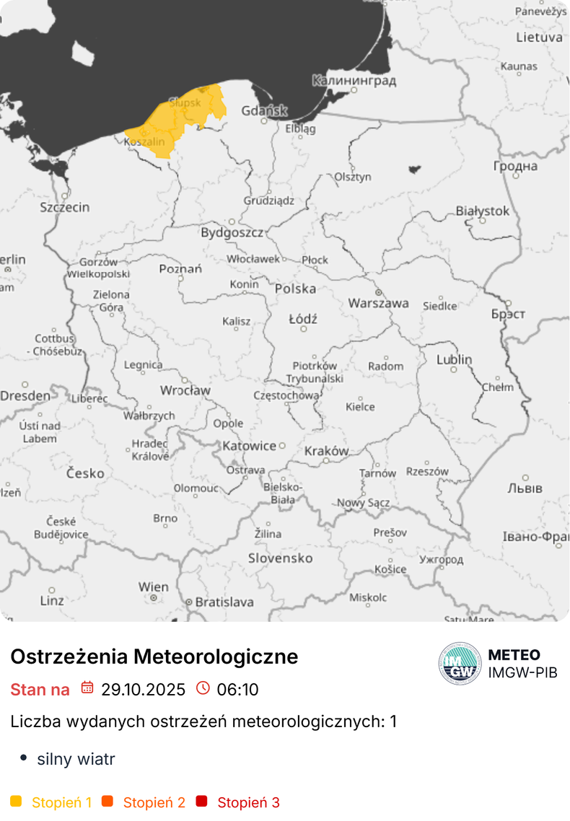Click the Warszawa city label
click(x=378, y=303)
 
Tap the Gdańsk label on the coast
click(x=264, y=111)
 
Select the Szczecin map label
click(x=65, y=207)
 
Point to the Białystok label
click(x=482, y=211)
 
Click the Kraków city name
click(x=326, y=451)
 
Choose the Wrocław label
click(x=185, y=390)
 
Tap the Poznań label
click(x=180, y=269)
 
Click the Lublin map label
click(x=454, y=359)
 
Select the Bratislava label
click(x=224, y=601)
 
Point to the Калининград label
click(x=354, y=81)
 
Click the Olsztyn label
click(x=352, y=177)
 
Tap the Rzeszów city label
click(x=427, y=471)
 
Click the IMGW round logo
click(x=460, y=663)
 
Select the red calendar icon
click(x=87, y=688)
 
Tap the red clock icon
click(x=203, y=688)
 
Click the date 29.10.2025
click(x=143, y=689)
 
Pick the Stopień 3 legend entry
click(x=248, y=802)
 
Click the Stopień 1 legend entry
click(x=61, y=802)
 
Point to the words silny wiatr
click(x=76, y=759)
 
